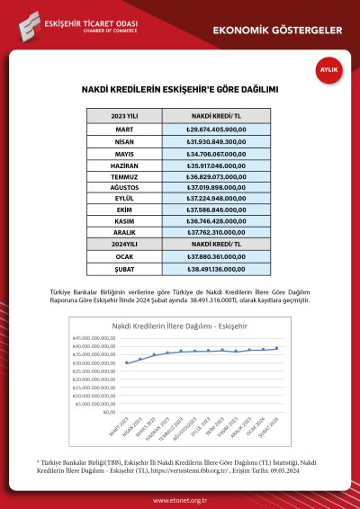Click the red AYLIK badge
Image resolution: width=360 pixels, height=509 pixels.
pyautogui.click(x=329, y=69)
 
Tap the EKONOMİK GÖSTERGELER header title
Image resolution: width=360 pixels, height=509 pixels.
pyautogui.click(x=278, y=31)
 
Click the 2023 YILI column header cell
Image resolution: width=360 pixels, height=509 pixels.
pyautogui.click(x=126, y=117)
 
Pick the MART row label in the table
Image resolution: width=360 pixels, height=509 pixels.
pyautogui.click(x=126, y=129)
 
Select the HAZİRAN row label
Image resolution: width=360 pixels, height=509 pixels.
pyautogui.click(x=126, y=167)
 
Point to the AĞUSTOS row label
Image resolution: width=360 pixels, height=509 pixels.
pyautogui.click(x=126, y=192)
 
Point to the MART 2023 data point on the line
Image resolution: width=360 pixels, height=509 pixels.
pyautogui.click(x=127, y=363)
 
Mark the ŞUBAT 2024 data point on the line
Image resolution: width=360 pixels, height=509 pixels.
pyautogui.click(x=276, y=348)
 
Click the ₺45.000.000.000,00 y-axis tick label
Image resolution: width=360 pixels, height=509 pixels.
pyautogui.click(x=94, y=337)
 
